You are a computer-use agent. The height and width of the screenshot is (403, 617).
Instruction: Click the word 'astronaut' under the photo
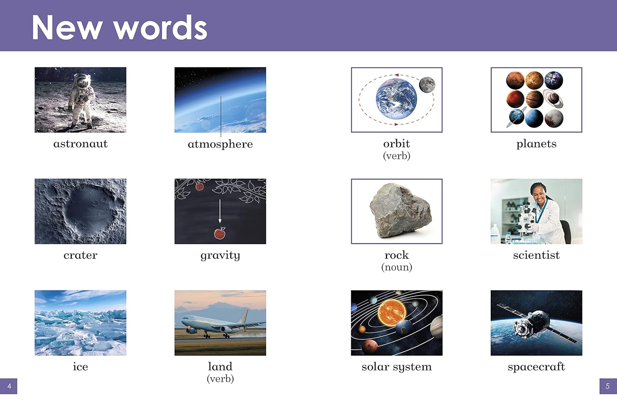[x=81, y=144]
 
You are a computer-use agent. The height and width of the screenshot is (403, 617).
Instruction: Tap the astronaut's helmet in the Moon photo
[x=82, y=81]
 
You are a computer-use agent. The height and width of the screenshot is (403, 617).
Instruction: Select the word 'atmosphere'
[x=220, y=144]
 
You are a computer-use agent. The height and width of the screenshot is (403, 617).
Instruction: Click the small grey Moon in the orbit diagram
[x=427, y=85]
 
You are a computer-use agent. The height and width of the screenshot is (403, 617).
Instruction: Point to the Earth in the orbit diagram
[x=396, y=99]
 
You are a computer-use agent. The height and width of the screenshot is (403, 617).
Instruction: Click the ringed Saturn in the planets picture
[x=553, y=99]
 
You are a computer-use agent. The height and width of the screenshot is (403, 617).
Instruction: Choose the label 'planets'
[x=536, y=144]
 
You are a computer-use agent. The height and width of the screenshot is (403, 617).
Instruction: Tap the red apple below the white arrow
[x=220, y=233]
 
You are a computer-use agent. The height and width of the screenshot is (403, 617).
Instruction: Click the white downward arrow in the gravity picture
[x=220, y=211]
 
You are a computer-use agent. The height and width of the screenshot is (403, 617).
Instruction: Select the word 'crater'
[x=81, y=255]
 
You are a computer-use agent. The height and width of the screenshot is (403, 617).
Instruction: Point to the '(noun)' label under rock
[x=397, y=267]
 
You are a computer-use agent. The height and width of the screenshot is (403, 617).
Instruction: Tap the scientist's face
[x=539, y=196]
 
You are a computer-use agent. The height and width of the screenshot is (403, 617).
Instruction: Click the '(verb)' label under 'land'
[x=220, y=379]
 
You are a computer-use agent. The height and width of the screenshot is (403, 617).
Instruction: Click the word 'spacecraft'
[x=536, y=367]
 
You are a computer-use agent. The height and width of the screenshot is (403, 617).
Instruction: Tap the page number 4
[x=9, y=386]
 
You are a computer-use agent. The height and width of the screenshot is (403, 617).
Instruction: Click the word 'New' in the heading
[x=67, y=28]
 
